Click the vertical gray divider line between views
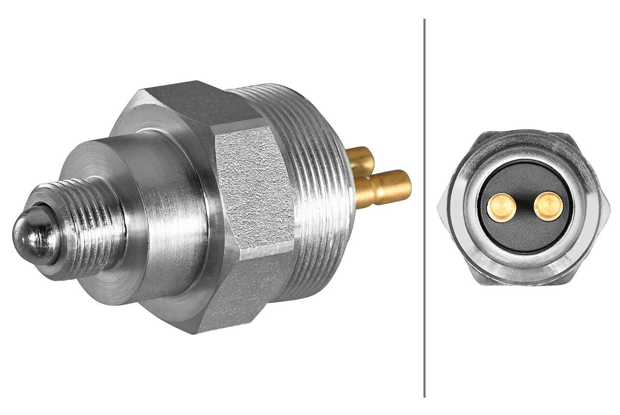pyautogui.click(x=424, y=207)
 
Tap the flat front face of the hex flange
pyautogui.click(x=125, y=124)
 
